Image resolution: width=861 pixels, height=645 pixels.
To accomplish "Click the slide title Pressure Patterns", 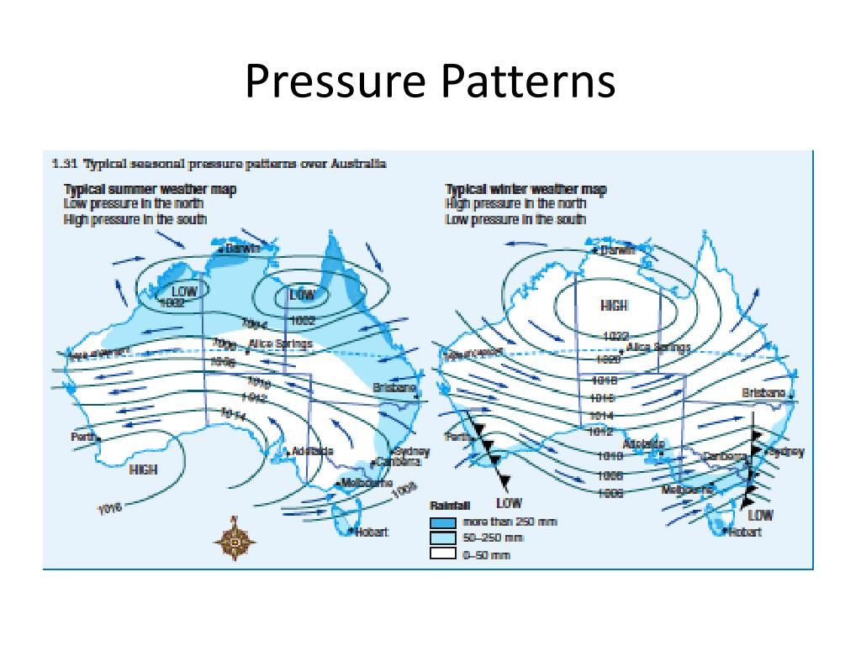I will [430, 82].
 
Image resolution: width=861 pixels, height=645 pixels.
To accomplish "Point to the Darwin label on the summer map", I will [243, 249].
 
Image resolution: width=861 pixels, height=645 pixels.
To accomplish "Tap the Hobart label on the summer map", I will [371, 533].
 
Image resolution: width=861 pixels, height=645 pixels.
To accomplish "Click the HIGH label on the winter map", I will [615, 306].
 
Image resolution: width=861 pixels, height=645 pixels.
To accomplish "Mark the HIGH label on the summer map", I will [143, 469].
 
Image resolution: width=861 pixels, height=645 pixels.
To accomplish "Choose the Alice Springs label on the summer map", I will [281, 343].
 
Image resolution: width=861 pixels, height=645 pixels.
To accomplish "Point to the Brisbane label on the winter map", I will [763, 393].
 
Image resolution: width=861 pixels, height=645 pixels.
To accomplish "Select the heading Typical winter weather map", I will [525, 190].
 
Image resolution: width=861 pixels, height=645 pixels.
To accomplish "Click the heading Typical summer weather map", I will [150, 190].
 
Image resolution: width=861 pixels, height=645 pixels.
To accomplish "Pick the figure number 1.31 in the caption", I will [61, 164].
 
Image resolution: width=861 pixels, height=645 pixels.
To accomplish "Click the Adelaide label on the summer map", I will [312, 452].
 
